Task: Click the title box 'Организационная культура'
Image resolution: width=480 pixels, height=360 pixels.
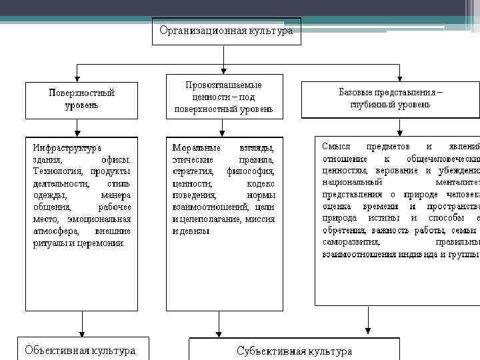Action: [x=226, y=31]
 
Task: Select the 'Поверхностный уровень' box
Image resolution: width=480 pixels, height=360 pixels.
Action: [x=81, y=99]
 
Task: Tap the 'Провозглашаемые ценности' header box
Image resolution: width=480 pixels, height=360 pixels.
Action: [x=223, y=97]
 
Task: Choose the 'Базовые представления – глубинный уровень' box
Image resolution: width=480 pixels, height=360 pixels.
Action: [x=390, y=99]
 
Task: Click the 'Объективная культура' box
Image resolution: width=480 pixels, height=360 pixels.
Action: [x=80, y=350]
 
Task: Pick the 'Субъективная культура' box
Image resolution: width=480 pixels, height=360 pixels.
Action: [x=294, y=351]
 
